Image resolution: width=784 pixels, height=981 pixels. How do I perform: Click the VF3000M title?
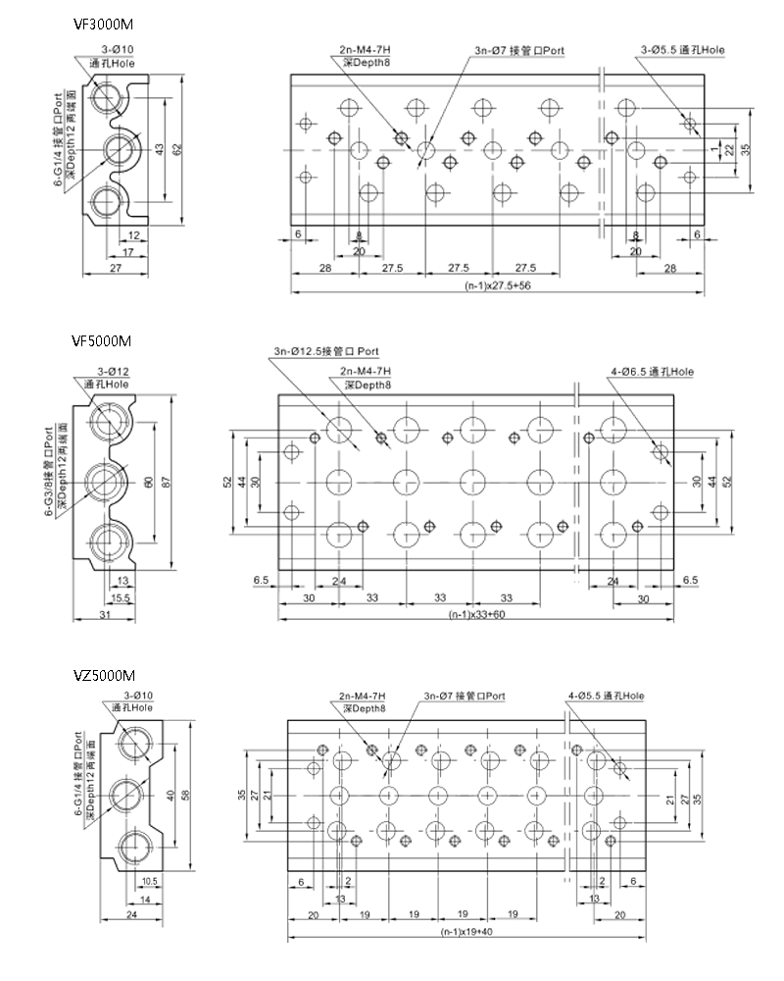[103, 24]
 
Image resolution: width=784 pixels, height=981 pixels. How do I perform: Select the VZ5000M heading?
[103, 676]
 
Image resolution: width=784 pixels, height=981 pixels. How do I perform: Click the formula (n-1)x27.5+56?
[498, 287]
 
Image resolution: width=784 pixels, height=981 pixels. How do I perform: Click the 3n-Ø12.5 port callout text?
[326, 351]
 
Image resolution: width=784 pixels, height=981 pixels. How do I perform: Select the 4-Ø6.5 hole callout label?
[651, 372]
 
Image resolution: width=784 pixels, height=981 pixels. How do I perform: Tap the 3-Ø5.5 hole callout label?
[682, 49]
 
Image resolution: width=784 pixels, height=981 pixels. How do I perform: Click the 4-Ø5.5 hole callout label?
[606, 697]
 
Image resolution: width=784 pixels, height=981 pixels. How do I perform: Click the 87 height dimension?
[176, 481]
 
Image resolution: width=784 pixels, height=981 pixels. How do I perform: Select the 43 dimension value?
[160, 148]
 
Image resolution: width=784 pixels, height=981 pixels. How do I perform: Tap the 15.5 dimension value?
[122, 597]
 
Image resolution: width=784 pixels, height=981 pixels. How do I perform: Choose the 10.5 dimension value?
[149, 880]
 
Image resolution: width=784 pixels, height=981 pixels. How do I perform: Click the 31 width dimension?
[106, 615]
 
